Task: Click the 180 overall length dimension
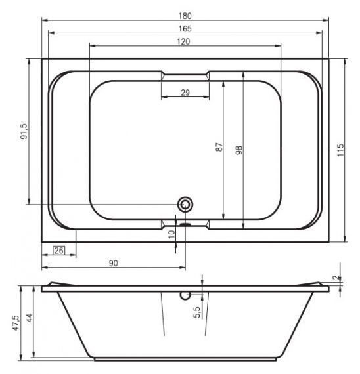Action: point(185,16)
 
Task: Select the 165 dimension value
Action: point(185,29)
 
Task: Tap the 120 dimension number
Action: point(183,42)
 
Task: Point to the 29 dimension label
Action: point(185,93)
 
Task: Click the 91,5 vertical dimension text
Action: point(24,131)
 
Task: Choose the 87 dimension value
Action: point(219,147)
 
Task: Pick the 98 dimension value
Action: point(239,150)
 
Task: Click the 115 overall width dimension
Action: point(340,150)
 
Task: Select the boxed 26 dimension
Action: point(58,251)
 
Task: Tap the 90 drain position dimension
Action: point(113,263)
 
